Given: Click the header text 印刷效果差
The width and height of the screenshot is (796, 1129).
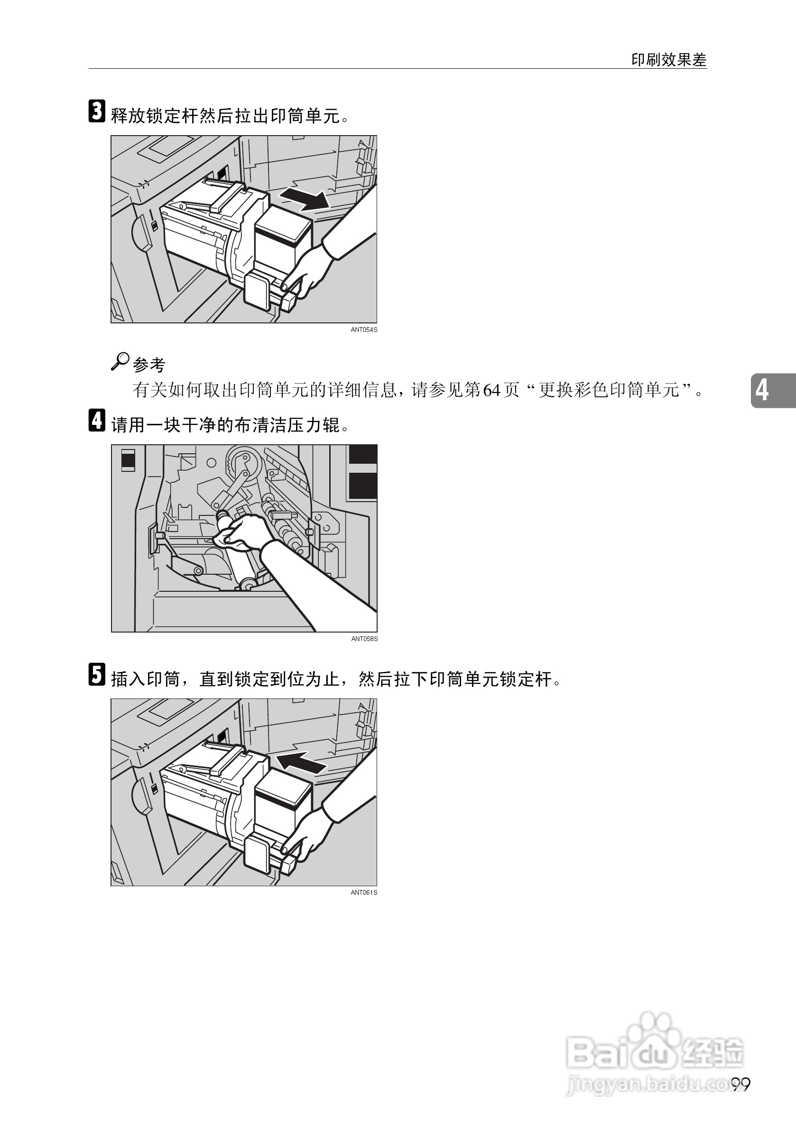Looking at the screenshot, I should [x=668, y=60].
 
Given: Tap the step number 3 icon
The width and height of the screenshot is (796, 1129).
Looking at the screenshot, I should [x=97, y=111].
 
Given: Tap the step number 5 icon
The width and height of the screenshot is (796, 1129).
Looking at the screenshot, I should [x=97, y=674].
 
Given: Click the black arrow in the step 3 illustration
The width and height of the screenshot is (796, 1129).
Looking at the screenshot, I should [x=305, y=199].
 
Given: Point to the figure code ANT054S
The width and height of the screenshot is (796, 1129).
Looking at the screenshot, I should [x=363, y=330].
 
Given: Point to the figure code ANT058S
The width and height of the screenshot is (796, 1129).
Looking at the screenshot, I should [x=364, y=639].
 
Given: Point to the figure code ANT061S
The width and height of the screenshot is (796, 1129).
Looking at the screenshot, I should [x=363, y=892].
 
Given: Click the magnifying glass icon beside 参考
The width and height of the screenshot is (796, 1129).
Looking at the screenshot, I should [x=120, y=361].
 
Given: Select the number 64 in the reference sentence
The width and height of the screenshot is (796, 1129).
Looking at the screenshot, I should [x=491, y=390].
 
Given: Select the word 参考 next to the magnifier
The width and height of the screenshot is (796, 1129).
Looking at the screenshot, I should [x=149, y=364].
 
